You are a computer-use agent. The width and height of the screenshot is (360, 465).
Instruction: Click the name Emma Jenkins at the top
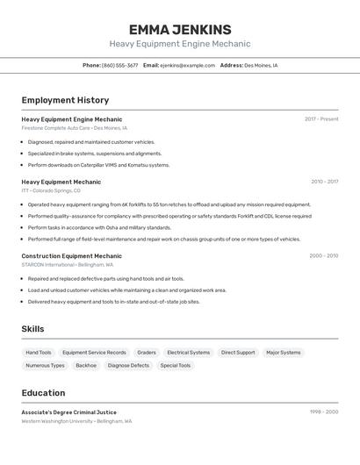pyautogui.click(x=180, y=29)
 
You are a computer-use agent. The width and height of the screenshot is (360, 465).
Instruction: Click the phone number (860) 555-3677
pyautogui.click(x=119, y=65)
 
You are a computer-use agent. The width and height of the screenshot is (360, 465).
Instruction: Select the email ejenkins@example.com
pyautogui.click(x=187, y=65)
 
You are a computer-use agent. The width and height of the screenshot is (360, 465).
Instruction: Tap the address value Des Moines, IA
pyautogui.click(x=261, y=65)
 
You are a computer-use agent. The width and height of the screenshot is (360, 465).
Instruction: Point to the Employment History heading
pyautogui.click(x=65, y=100)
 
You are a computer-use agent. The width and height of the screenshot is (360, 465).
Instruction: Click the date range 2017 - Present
pyautogui.click(x=321, y=119)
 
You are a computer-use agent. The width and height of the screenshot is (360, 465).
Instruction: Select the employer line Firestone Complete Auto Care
pyautogui.click(x=56, y=128)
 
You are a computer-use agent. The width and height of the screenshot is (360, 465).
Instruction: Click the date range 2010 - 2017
pyautogui.click(x=324, y=182)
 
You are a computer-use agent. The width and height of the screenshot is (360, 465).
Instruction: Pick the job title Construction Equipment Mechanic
pyautogui.click(x=71, y=256)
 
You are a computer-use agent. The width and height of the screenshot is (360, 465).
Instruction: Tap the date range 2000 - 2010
pyautogui.click(x=323, y=256)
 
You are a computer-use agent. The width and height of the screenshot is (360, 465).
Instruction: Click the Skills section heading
pyautogui.click(x=33, y=329)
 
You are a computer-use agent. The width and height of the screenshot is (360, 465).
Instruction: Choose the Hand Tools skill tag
pyautogui.click(x=38, y=353)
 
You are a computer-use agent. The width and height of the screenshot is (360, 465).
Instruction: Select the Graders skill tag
pyautogui.click(x=147, y=353)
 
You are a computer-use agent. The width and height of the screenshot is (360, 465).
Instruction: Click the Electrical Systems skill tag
pyautogui.click(x=189, y=353)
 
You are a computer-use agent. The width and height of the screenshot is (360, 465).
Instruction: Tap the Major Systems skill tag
pyautogui.click(x=284, y=353)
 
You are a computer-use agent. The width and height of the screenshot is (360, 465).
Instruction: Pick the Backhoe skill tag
pyautogui.click(x=86, y=365)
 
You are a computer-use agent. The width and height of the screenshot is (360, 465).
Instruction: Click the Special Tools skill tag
pyautogui.click(x=175, y=365)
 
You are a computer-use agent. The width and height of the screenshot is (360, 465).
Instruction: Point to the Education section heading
pyautogui.click(x=43, y=393)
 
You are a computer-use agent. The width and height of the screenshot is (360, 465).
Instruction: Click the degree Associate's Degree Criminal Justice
pyautogui.click(x=68, y=412)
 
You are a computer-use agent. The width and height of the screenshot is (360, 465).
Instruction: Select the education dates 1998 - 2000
pyautogui.click(x=324, y=412)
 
